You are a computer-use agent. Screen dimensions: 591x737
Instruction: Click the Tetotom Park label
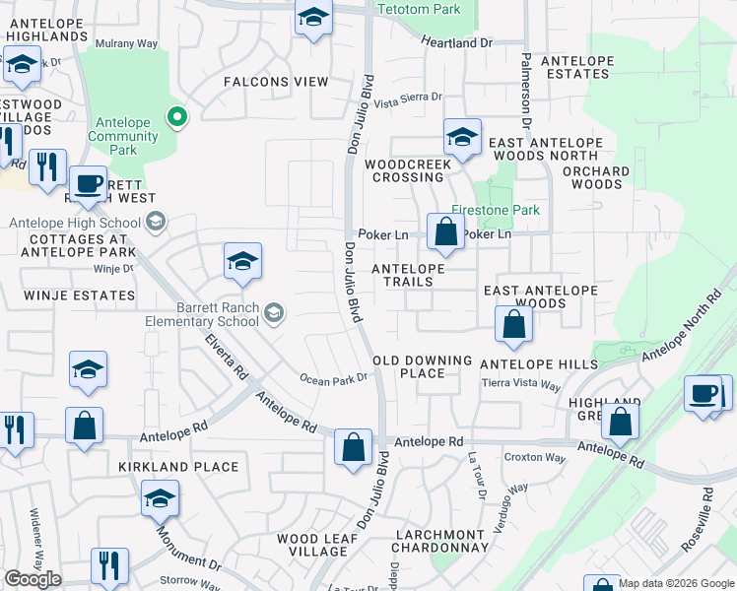pos(419,9)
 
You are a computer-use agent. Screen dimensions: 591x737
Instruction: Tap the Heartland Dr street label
pos(456,43)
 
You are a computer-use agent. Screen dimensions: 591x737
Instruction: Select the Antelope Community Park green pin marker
pos(177,118)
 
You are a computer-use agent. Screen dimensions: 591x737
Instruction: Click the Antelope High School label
pos(75,223)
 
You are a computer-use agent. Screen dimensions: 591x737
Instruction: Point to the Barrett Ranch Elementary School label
pos(209,314)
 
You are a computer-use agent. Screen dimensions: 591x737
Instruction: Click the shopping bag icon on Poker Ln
pos(445,233)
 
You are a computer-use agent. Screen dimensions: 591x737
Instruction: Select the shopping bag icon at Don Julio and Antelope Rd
pos(353,447)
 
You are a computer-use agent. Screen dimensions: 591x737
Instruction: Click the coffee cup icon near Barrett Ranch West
pos(88,183)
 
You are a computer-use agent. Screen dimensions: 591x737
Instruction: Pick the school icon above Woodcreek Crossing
pos(461,137)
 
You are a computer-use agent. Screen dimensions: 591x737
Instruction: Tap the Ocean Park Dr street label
pos(333,378)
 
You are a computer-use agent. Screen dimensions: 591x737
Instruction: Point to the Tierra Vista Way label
pos(522,382)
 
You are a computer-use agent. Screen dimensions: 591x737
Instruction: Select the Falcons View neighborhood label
pos(275,82)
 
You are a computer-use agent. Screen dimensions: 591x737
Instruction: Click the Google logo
pos(33,579)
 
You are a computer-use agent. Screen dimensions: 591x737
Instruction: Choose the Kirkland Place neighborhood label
pos(178,467)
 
